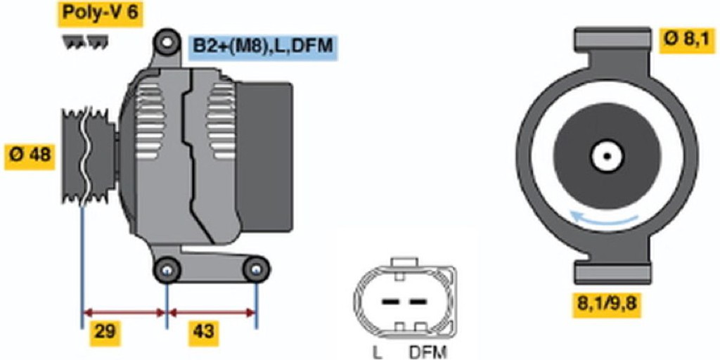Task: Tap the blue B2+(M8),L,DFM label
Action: point(263,46)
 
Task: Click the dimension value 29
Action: point(105,332)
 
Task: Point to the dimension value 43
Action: point(203,332)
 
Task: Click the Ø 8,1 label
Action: point(687,40)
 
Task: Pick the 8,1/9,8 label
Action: point(607,304)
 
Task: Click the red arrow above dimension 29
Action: point(124,313)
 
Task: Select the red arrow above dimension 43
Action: point(212,313)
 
